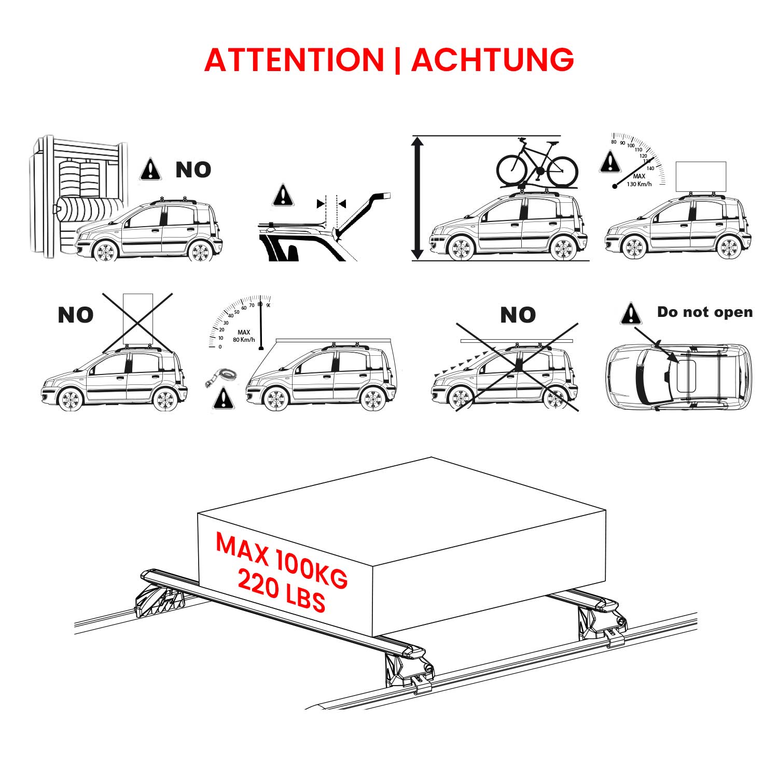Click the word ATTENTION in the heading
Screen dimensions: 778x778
[294, 60]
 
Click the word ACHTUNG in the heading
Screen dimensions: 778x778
[493, 60]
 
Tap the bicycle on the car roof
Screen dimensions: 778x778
[537, 163]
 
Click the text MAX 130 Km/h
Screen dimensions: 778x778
[639, 180]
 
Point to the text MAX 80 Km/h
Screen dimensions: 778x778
[244, 336]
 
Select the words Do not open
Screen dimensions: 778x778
[704, 312]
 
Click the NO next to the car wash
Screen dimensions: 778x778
[193, 170]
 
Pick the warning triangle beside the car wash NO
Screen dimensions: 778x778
[150, 170]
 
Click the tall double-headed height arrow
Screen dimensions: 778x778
[418, 198]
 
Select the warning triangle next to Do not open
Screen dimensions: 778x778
[631, 314]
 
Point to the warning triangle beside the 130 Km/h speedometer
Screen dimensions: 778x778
[610, 162]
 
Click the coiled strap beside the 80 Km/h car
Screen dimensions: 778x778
[222, 376]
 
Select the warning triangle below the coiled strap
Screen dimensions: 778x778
[223, 398]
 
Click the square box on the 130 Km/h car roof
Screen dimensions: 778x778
[701, 176]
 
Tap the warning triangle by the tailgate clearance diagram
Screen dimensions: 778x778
[283, 196]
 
